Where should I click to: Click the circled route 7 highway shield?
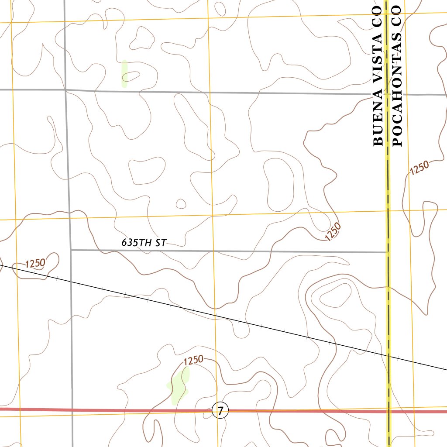click(x=220, y=410)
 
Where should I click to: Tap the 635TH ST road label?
click(x=144, y=243)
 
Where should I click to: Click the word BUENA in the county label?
click(x=378, y=127)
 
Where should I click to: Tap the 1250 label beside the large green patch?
click(x=193, y=361)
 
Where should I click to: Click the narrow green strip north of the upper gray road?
click(x=124, y=73)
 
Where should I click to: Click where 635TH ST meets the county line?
click(x=388, y=252)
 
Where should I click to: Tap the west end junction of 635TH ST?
click(x=71, y=250)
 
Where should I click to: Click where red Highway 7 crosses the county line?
click(x=389, y=411)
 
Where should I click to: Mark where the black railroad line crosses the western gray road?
click(x=71, y=282)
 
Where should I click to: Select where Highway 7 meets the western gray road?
click(x=72, y=410)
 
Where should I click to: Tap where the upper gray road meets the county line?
click(x=387, y=94)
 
